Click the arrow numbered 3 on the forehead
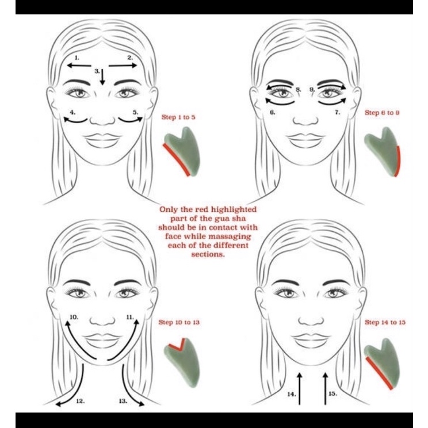pyautogui.click(x=102, y=77)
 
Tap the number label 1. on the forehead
pyautogui.click(x=77, y=58)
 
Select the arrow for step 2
pyautogui.click(x=123, y=65)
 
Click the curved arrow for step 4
pyautogui.click(x=75, y=120)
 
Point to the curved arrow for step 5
pyautogui.click(x=131, y=120)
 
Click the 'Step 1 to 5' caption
pyautogui.click(x=178, y=117)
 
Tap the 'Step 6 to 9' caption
pyautogui.click(x=382, y=112)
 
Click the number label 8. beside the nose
pyautogui.click(x=299, y=89)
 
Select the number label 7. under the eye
pyautogui.click(x=337, y=112)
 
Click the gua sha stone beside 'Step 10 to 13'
pyautogui.click(x=182, y=360)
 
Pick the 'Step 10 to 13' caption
pyautogui.click(x=179, y=322)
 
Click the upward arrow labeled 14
pyautogui.click(x=300, y=388)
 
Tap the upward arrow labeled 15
pyautogui.click(x=325, y=388)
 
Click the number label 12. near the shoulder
pyautogui.click(x=81, y=401)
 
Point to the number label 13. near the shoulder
pyautogui.click(x=123, y=401)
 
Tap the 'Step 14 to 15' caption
pyautogui.click(x=385, y=322)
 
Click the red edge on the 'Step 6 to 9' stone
pyautogui.click(x=398, y=162)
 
